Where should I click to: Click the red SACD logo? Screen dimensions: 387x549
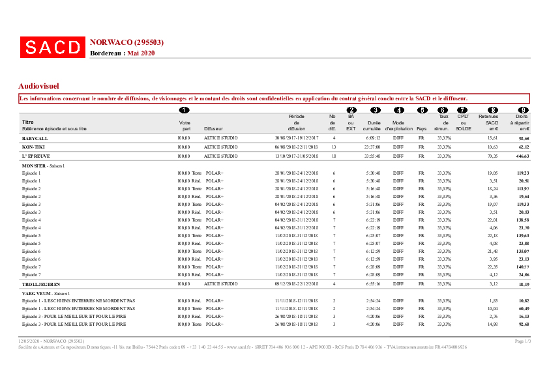pyautogui.click(x=52, y=47)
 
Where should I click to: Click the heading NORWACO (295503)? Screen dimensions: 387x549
pyautogui.click(x=126, y=42)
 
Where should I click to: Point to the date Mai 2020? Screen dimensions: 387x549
pyautogui.click(x=141, y=53)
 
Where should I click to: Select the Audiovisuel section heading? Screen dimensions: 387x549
pyautogui.click(x=39, y=85)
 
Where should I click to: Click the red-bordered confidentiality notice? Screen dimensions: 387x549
pyautogui.click(x=274, y=98)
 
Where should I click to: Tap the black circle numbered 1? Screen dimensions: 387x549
pyautogui.click(x=184, y=110)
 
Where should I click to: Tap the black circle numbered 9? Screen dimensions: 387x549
pyautogui.click(x=522, y=110)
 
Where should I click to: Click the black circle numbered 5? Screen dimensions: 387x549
pyautogui.click(x=422, y=110)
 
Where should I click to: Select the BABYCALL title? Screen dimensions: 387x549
pyautogui.click(x=35, y=138)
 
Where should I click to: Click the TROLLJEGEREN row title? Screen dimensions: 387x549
pyautogui.click(x=40, y=285)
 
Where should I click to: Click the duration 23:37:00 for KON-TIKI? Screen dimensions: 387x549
pyautogui.click(x=372, y=147)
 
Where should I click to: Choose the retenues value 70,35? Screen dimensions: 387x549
pyautogui.click(x=492, y=156)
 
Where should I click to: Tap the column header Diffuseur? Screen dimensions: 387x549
pyautogui.click(x=214, y=128)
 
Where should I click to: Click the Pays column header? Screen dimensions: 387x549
pyautogui.click(x=421, y=128)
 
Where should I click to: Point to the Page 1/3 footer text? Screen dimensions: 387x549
pyautogui.click(x=523, y=341)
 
